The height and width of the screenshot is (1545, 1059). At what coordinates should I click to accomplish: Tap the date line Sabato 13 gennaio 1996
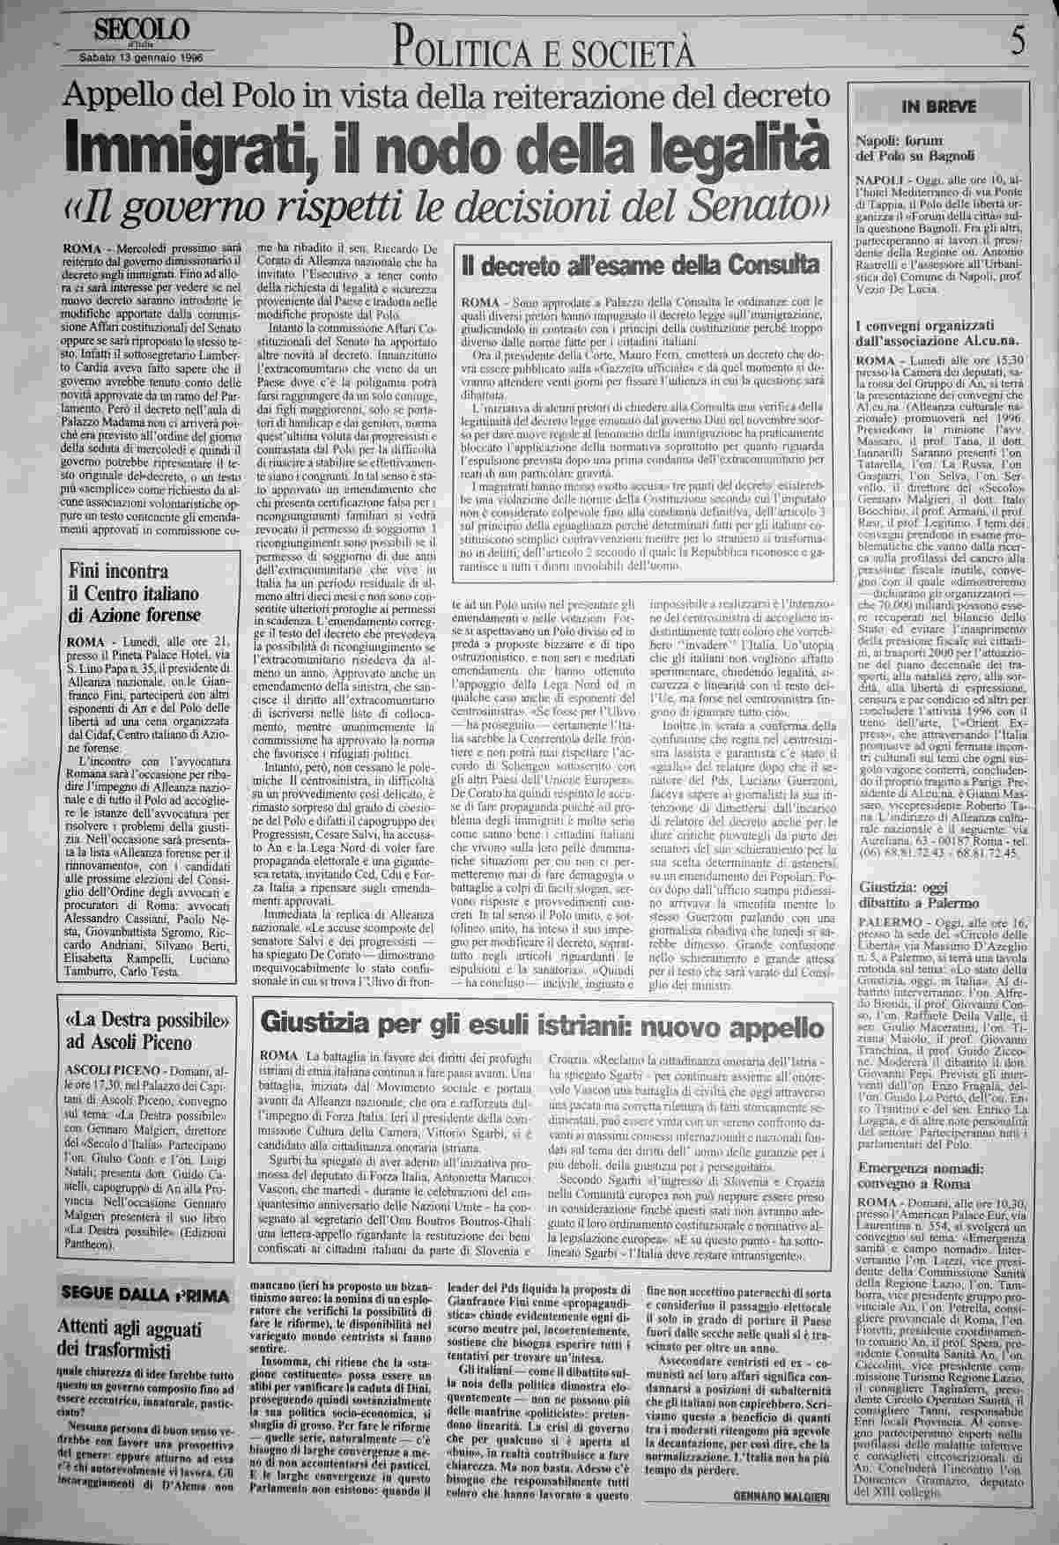(x=141, y=60)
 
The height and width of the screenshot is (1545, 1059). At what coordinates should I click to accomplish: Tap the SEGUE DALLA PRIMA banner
(x=143, y=1294)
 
